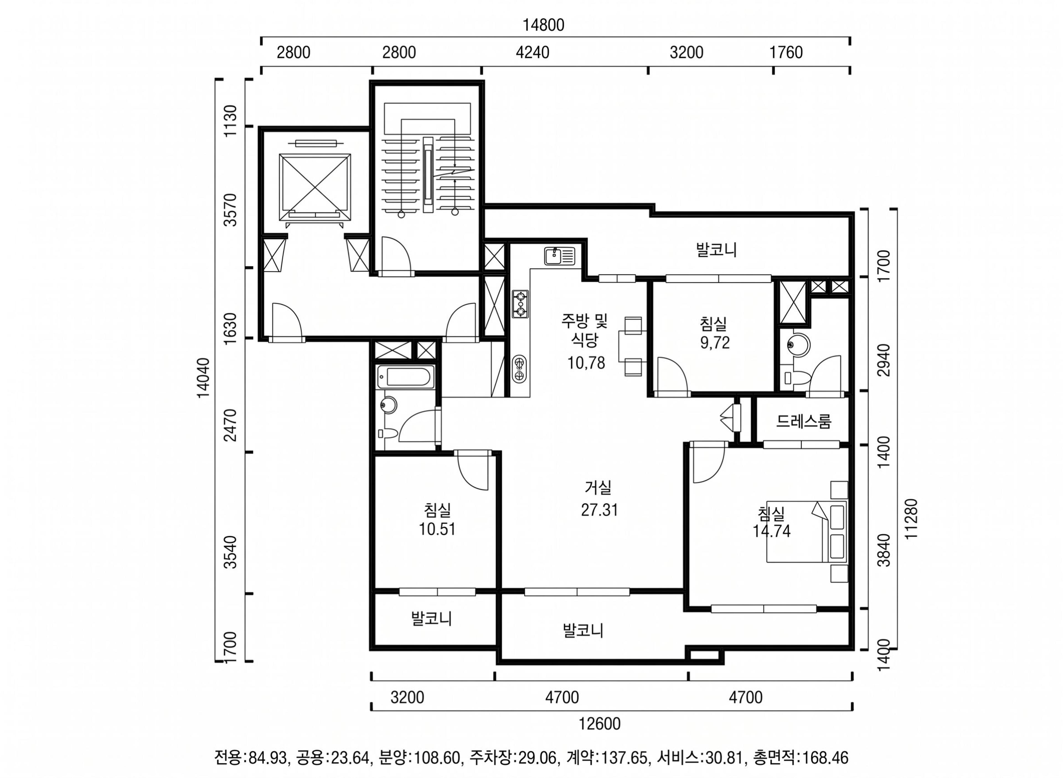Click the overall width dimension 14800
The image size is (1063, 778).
click(x=543, y=25)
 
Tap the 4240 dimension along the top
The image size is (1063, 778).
click(x=532, y=52)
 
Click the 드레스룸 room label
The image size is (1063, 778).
click(x=804, y=421)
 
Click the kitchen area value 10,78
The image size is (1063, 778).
click(x=586, y=363)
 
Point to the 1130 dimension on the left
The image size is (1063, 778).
click(x=231, y=121)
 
